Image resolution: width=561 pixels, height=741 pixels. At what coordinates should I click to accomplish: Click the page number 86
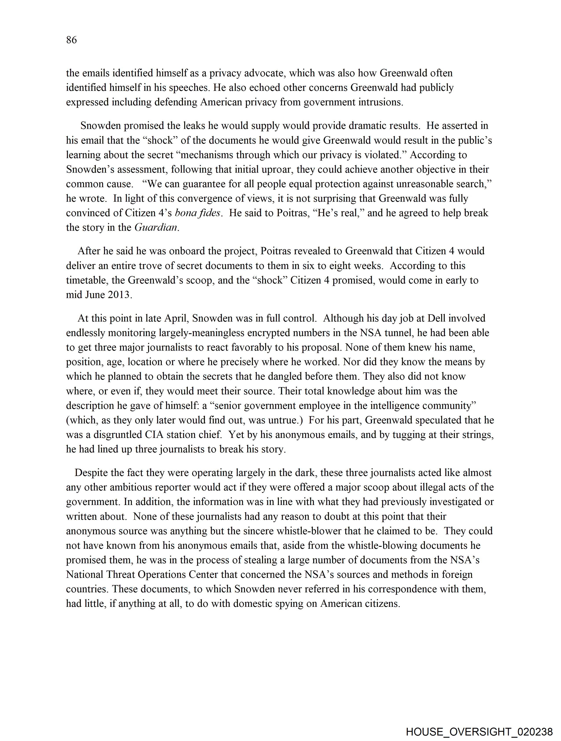[71, 40]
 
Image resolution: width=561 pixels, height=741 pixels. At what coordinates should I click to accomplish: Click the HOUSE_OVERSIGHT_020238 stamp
[479, 731]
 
